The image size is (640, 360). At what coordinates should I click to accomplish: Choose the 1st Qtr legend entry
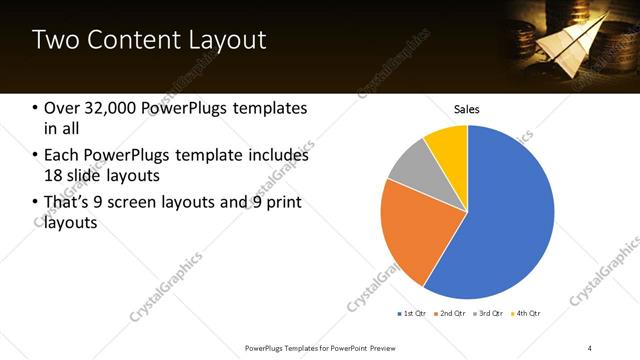pos(412,313)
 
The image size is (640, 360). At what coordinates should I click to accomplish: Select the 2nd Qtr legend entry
pos(451,313)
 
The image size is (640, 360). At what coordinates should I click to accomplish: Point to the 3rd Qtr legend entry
pos(490,313)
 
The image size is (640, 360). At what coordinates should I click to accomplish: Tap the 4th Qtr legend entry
pos(527,313)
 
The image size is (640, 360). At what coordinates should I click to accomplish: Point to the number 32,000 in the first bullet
pos(109,108)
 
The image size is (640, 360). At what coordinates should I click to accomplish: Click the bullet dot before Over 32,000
pos(36,108)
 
